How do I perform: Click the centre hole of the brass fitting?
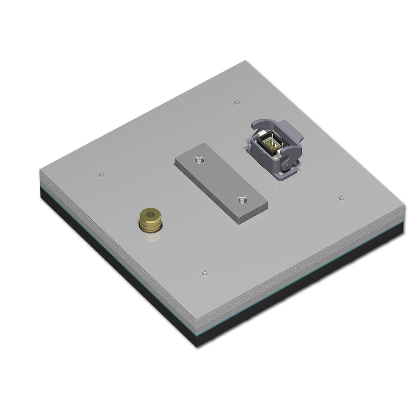(x=150, y=214)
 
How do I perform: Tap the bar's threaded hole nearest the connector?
(x=200, y=159)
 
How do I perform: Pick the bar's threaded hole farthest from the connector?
(x=242, y=201)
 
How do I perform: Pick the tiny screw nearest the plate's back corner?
(x=236, y=101)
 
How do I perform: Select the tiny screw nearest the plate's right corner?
(x=342, y=198)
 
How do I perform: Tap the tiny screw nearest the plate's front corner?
(x=205, y=272)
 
